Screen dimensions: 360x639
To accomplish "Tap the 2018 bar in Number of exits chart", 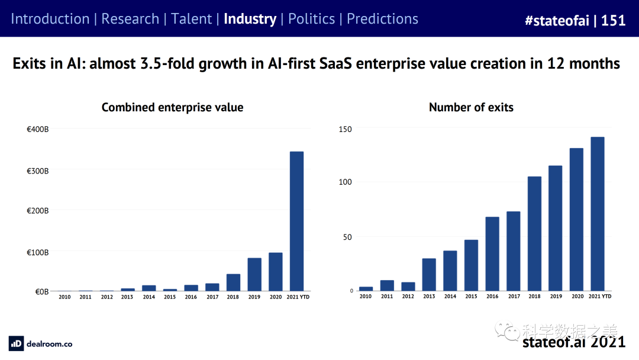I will (x=534, y=233).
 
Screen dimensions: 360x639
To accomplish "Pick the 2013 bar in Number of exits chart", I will (x=429, y=274).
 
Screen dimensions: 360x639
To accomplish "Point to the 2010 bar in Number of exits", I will (x=366, y=288).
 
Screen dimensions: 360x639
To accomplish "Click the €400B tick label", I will (x=38, y=128).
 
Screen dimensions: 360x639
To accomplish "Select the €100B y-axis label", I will (x=38, y=252).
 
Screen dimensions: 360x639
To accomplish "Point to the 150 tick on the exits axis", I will (x=345, y=129).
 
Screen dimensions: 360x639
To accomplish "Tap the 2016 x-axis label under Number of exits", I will (x=492, y=297).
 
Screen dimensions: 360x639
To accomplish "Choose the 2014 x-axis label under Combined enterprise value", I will (x=149, y=297).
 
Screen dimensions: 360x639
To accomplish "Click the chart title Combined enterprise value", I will (x=172, y=107).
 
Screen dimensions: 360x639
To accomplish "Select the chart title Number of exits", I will (x=471, y=107).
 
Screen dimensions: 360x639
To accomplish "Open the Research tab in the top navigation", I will (x=130, y=19).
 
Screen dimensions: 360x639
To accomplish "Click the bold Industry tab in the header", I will (x=250, y=19).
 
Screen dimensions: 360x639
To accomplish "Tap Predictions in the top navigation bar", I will (x=382, y=19).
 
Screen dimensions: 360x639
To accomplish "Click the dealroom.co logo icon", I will (x=16, y=343).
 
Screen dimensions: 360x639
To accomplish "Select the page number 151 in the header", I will (x=614, y=20).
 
